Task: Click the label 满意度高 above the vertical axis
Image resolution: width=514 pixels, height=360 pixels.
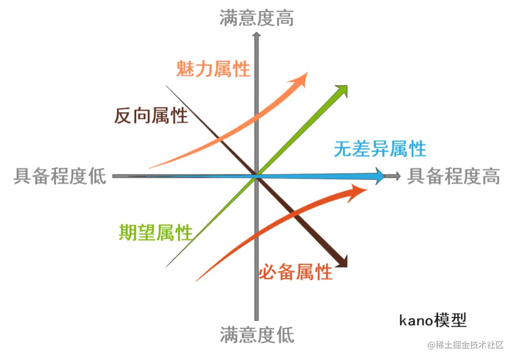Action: pyautogui.click(x=257, y=18)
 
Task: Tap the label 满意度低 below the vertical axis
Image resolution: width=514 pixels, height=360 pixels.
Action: pyautogui.click(x=257, y=335)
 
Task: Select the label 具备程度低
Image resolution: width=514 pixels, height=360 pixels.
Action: pyautogui.click(x=59, y=176)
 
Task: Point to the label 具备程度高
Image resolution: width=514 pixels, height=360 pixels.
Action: pyautogui.click(x=454, y=176)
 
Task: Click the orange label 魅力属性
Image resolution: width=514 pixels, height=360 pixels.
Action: pyautogui.click(x=213, y=69)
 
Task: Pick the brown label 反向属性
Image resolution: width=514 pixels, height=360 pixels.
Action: pyautogui.click(x=151, y=116)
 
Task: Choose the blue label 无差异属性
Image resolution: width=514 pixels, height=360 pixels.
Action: pyautogui.click(x=379, y=149)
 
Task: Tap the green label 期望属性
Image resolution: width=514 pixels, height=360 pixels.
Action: pyautogui.click(x=156, y=233)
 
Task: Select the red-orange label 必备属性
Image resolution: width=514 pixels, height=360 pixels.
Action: pyautogui.click(x=295, y=273)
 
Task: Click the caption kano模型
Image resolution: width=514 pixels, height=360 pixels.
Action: pyautogui.click(x=433, y=320)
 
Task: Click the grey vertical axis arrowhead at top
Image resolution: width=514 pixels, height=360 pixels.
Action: pyautogui.click(x=257, y=35)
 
